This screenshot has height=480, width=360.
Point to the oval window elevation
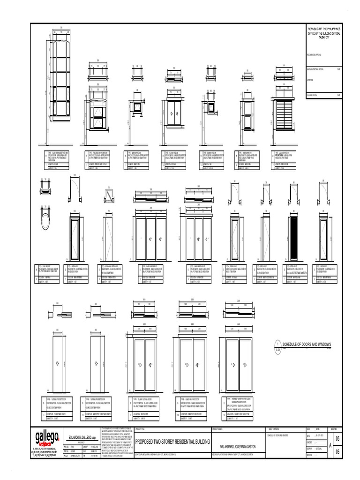45,219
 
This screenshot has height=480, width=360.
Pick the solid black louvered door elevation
294,237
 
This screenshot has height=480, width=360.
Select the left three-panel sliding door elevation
151,239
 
